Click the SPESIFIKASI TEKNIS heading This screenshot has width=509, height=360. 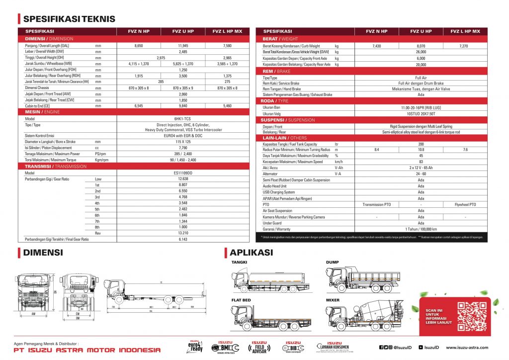(69, 19)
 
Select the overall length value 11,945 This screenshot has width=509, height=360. (183, 45)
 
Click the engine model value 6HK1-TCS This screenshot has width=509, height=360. (183, 119)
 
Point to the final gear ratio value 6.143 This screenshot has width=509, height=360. (183, 239)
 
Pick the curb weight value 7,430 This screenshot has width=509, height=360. (377, 45)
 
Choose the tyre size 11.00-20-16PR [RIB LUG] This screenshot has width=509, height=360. (421, 107)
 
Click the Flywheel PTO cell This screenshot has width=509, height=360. (465, 204)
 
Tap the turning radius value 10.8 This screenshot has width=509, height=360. (421, 150)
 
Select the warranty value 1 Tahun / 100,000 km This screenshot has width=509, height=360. (421, 229)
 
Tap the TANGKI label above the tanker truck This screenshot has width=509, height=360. (239, 262)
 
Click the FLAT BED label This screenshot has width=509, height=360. (241, 300)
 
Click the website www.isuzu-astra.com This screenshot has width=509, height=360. (467, 348)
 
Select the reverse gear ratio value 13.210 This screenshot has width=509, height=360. (183, 233)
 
